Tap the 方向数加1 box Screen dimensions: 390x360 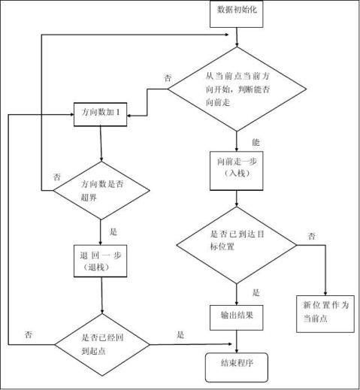tap(100, 112)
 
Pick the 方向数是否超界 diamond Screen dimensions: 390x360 tap(100, 189)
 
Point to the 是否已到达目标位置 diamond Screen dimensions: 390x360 tap(237, 245)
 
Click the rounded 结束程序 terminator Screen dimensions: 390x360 tap(236, 365)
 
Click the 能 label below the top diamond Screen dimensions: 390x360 tap(256, 141)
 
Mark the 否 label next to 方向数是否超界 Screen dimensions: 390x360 tap(56, 177)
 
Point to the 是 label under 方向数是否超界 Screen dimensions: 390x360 tap(113, 232)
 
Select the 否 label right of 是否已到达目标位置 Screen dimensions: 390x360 tap(311, 237)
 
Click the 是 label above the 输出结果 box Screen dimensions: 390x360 tap(256, 293)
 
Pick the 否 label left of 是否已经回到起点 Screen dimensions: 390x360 tap(28, 334)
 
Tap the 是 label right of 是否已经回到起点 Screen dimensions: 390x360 tap(180, 334)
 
